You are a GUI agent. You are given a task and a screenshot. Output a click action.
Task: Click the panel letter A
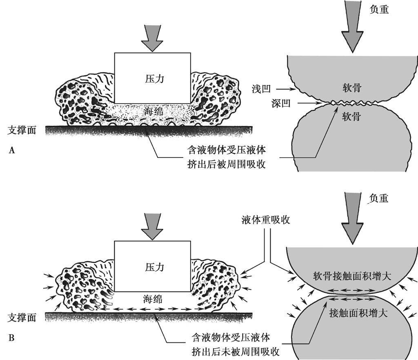tap(12, 150)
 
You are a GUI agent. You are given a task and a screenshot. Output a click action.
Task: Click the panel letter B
tap(12, 338)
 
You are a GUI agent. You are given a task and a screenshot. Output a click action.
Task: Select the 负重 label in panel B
tap(378, 199)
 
